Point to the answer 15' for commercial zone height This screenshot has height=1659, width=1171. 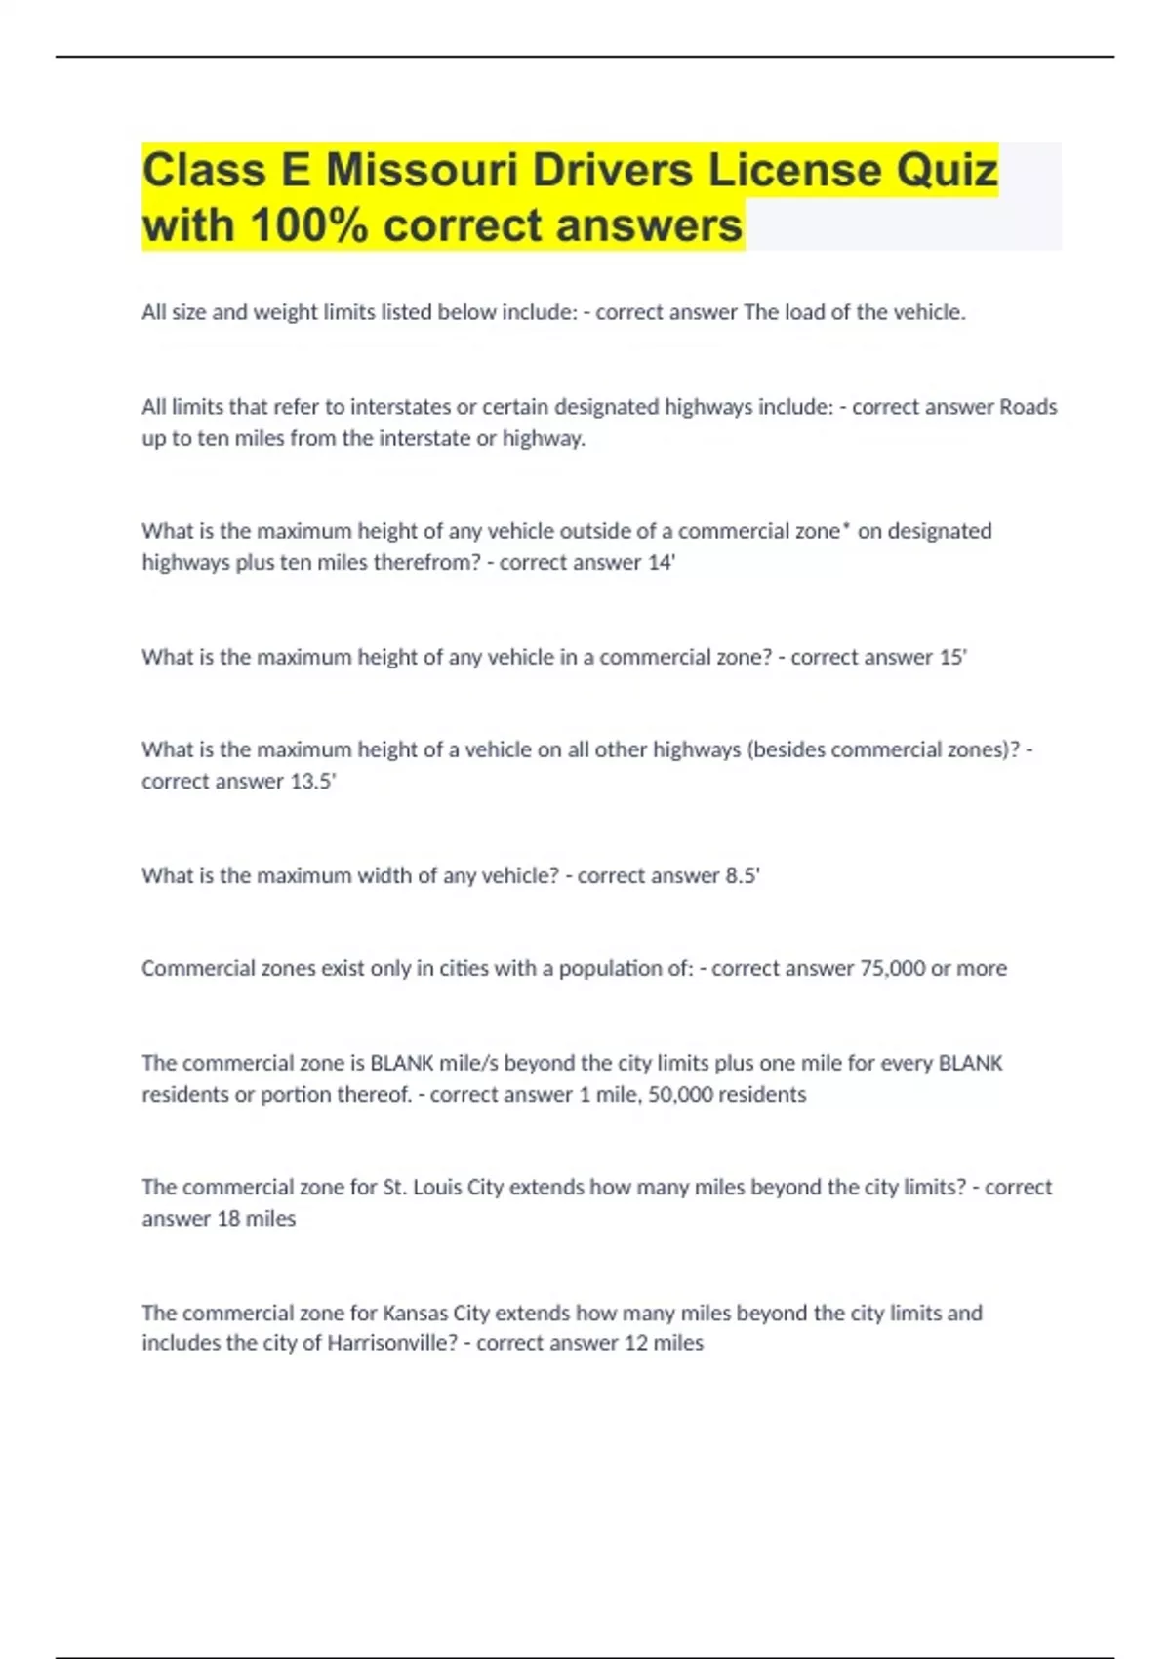pyautogui.click(x=952, y=658)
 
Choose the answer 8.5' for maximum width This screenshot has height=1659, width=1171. pyautogui.click(x=742, y=876)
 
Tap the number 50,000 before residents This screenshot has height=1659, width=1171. pyautogui.click(x=680, y=1095)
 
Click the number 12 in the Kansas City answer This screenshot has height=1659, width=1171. pyautogui.click(x=636, y=1344)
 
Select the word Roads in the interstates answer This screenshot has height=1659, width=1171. pyautogui.click(x=1029, y=407)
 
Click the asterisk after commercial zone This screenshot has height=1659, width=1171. pyautogui.click(x=846, y=528)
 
